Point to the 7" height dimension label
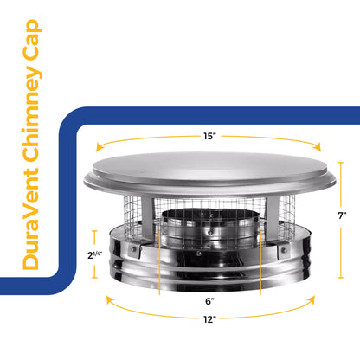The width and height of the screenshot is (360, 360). pos(344,215)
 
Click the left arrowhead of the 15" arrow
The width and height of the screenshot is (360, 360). pos(97,149)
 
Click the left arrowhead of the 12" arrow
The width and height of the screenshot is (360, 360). pos(106,296)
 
